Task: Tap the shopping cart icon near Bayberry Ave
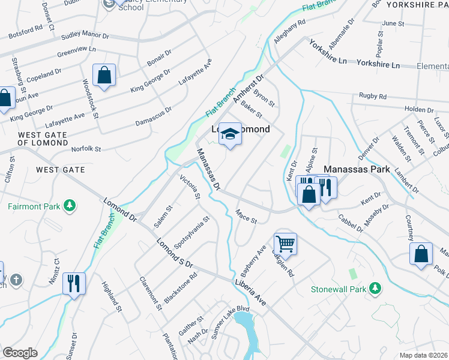[x=285, y=244]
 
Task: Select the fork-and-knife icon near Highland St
[x=74, y=283]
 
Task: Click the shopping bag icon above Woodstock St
[x=104, y=75]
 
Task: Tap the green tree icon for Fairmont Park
[x=70, y=206]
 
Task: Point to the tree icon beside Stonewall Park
[x=375, y=289]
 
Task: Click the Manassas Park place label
[x=358, y=170]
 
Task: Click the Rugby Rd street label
[x=372, y=96]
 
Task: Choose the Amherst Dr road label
[x=249, y=88]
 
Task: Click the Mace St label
[x=246, y=216]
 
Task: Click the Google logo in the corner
[x=20, y=353]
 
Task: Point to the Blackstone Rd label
[x=180, y=289]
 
